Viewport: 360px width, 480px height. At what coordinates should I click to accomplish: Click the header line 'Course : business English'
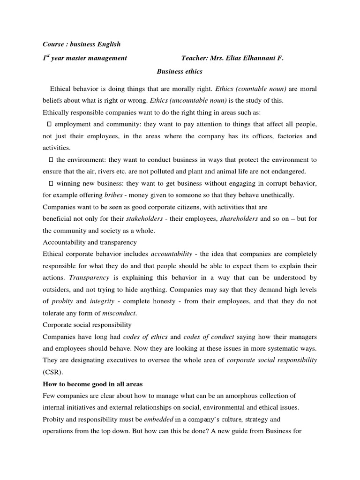[x=82, y=44]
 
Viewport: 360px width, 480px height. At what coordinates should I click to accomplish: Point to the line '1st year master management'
[x=85, y=58]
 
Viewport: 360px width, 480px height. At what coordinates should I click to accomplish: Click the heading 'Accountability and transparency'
[x=90, y=242]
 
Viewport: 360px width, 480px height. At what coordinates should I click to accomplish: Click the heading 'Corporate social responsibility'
[x=87, y=324]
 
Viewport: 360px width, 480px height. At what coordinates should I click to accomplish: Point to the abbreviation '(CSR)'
[x=52, y=372]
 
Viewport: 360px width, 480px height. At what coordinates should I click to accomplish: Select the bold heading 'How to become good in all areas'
[x=92, y=384]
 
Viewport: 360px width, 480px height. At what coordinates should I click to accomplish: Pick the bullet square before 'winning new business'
[x=51, y=183]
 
